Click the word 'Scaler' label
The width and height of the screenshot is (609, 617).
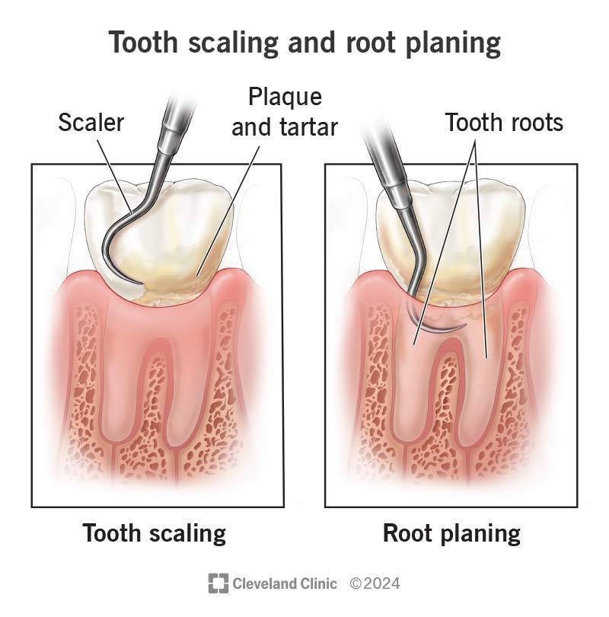pos(91,123)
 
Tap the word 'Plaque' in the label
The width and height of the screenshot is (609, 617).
pos(285,98)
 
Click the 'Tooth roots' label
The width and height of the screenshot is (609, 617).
pos(504,122)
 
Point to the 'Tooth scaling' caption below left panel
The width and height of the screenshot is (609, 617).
pos(154,534)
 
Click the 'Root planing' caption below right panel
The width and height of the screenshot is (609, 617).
pos(451,534)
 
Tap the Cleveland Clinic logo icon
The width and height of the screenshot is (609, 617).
pos(218,583)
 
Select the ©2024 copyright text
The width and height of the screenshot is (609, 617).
pos(375,583)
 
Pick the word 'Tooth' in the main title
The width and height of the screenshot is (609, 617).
pos(144,42)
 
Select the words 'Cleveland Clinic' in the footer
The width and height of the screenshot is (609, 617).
pos(285,583)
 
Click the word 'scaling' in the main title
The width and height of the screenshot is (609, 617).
pos(233,43)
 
